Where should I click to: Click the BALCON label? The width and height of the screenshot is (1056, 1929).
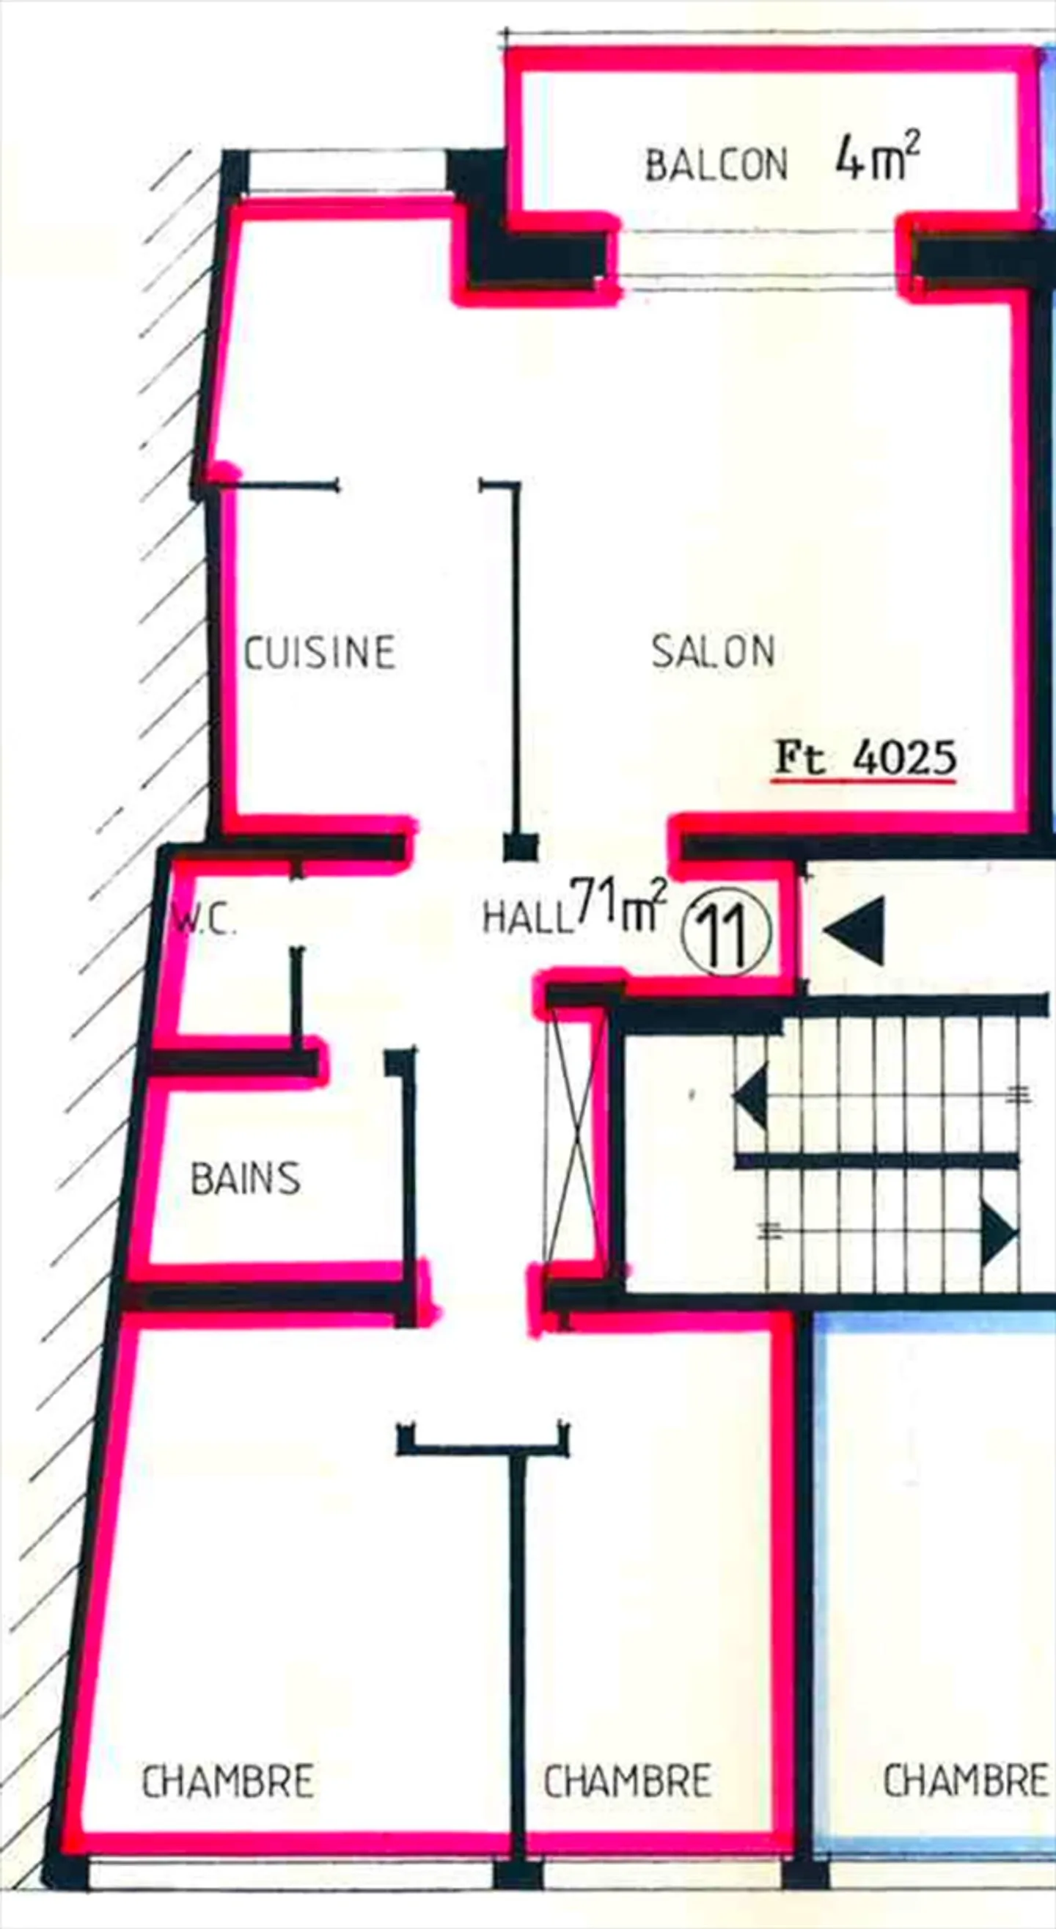[716, 165]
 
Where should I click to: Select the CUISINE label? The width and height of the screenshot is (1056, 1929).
[320, 651]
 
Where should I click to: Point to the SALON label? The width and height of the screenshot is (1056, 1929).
[713, 651]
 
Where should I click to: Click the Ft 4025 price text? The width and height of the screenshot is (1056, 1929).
[865, 758]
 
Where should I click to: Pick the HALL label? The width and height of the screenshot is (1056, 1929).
[526, 917]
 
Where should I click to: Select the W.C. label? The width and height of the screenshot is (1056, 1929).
[205, 921]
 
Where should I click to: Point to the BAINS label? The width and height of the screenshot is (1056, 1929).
[246, 1179]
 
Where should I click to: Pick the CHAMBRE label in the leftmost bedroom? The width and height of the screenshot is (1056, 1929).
[227, 1782]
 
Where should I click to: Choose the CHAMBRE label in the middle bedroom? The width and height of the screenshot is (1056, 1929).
[627, 1782]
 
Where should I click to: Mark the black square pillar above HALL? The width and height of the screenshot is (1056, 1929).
[521, 847]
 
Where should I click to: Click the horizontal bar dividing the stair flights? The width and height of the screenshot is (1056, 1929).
[876, 1162]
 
